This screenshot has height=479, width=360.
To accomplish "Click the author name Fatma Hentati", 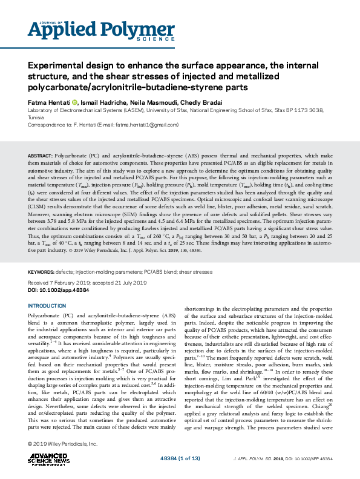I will click(x=48, y=102).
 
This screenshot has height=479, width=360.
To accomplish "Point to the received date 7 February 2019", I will click(x=65, y=283).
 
